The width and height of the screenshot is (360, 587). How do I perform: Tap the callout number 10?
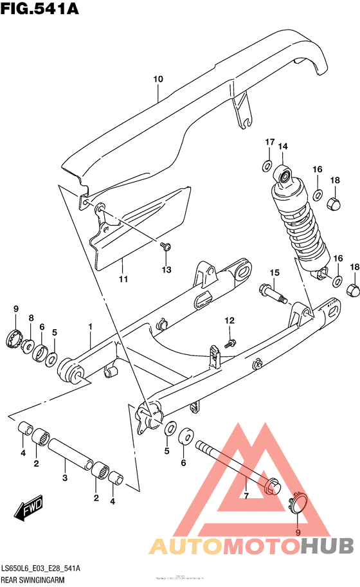[x=158, y=79]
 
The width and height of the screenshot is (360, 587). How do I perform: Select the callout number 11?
[x=123, y=279]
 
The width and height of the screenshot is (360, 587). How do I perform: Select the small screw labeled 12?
[x=232, y=341]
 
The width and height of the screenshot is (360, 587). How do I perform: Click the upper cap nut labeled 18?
[x=334, y=204]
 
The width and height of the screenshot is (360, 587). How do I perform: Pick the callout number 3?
[x=65, y=478]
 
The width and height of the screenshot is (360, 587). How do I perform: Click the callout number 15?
[x=274, y=273]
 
